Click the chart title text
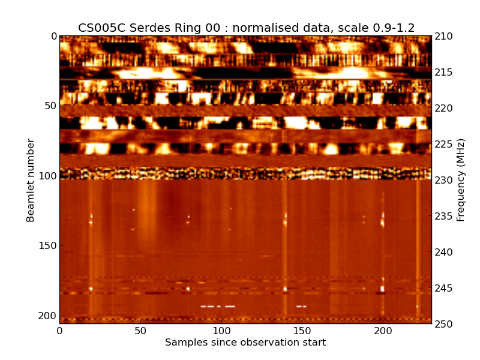click(246, 28)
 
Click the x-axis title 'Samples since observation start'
click(245, 343)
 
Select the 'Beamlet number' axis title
click(31, 180)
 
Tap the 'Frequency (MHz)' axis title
click(461, 180)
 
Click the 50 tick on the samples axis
click(140, 331)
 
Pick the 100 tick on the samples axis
click(221, 331)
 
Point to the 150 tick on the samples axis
click(302, 331)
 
